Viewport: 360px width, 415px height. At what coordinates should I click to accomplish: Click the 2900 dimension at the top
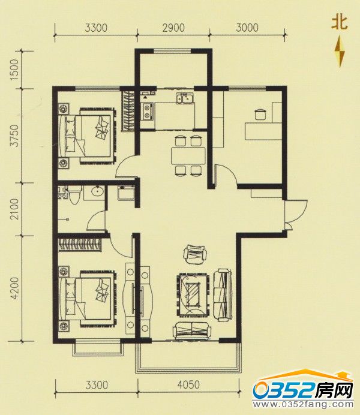point(173,28)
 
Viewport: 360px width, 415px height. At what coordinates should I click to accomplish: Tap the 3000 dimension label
point(247,28)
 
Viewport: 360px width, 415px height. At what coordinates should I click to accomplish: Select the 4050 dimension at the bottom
point(188,384)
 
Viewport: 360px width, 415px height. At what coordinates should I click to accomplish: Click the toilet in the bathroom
point(74,194)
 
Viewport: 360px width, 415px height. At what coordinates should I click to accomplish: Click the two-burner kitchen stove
point(148,111)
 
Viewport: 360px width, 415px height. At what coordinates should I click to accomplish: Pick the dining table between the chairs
point(188,156)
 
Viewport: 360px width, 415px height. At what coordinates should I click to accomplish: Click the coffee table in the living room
point(193,294)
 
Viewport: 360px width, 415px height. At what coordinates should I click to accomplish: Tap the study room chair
point(259,115)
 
